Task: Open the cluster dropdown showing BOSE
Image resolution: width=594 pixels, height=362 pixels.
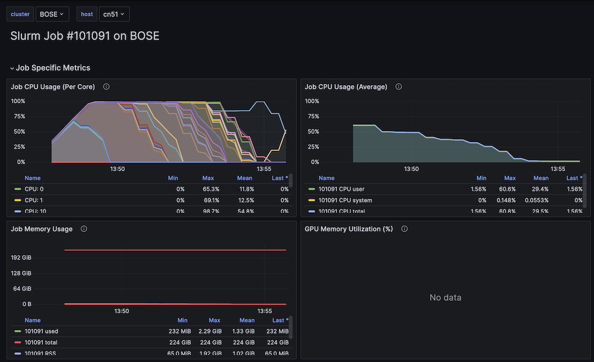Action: tap(52, 14)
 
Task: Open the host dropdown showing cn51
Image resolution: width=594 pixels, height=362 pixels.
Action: tap(114, 14)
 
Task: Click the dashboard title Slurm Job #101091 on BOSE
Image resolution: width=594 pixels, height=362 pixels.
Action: tap(85, 36)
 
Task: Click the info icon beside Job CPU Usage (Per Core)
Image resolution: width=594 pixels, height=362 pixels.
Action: tap(107, 86)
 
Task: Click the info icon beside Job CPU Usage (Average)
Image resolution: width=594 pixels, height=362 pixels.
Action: tap(399, 86)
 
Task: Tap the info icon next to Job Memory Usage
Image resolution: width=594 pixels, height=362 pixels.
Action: tap(84, 229)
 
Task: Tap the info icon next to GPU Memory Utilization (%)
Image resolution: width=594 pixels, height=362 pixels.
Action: tap(405, 229)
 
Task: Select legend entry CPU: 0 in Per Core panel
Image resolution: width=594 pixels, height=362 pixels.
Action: tap(34, 189)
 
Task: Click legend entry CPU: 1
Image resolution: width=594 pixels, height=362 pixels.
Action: tap(34, 200)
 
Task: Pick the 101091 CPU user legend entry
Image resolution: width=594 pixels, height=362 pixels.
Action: tap(345, 189)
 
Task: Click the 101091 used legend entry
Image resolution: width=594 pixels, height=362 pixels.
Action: tap(41, 331)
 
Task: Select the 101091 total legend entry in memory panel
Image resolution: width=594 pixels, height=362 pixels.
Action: tap(41, 342)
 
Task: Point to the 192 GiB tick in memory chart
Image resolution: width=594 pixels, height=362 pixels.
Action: tap(21, 258)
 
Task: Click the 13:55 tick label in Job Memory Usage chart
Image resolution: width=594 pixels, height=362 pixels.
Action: tap(265, 311)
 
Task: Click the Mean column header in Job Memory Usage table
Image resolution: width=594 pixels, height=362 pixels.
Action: tap(247, 320)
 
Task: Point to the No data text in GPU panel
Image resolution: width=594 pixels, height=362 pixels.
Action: tap(445, 298)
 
